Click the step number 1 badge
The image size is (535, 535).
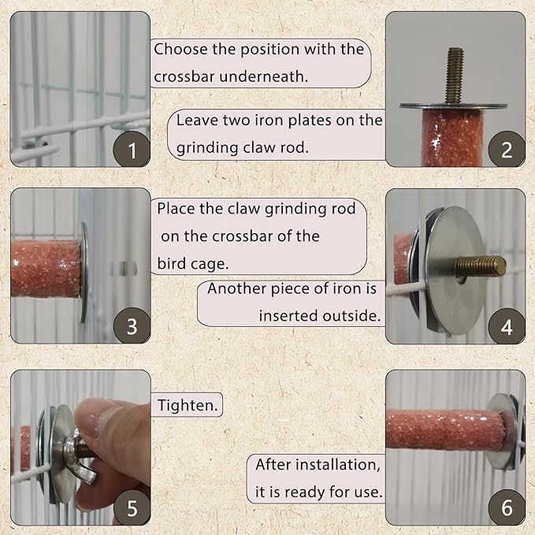coord(132,150)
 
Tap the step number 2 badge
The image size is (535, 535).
coord(507,149)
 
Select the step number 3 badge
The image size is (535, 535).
coord(132,325)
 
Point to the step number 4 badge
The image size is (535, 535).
coord(507,325)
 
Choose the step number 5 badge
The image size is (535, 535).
coord(132,507)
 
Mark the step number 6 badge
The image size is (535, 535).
coord(507,507)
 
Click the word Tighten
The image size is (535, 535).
coord(188,406)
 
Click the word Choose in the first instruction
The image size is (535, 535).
coord(180,49)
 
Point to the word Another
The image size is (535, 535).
coord(237,288)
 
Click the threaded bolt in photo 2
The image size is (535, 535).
coord(454,76)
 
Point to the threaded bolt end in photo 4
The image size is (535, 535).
coord(485,266)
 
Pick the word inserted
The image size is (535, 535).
coord(287,315)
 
